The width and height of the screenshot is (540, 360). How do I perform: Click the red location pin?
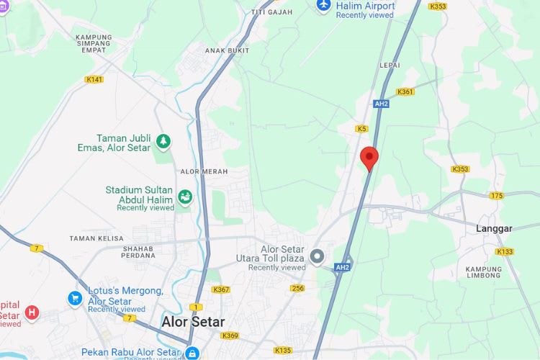369,156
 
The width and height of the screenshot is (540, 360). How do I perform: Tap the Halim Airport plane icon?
323,6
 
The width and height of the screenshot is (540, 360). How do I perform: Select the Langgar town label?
494,228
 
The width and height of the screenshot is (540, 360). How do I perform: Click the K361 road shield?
405,92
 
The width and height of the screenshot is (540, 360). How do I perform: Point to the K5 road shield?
361,129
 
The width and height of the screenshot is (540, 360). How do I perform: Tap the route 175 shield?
497,196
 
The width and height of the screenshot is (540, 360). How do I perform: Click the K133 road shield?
504,251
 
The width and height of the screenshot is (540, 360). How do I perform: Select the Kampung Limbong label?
483,272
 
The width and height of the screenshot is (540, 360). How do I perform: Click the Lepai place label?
390,64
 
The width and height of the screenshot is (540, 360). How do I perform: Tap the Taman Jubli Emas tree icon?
164,142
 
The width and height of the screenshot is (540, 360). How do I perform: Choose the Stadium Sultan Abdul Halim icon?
185,197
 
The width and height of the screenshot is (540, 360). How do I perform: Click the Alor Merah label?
204,171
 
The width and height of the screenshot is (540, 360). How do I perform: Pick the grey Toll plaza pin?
317,256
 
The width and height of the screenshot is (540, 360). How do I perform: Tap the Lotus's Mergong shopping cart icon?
75,297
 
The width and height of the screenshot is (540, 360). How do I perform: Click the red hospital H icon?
32,312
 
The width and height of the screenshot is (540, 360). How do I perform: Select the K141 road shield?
94,79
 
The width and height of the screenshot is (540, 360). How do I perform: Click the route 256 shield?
298,289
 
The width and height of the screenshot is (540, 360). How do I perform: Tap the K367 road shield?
220,289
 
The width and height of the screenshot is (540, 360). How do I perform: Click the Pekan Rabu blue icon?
192,353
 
